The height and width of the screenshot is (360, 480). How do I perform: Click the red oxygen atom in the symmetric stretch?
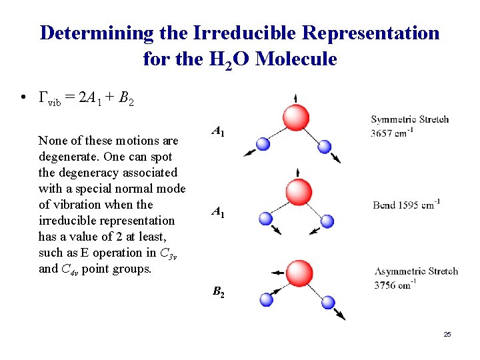295,119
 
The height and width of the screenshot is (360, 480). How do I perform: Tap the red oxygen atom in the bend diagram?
298,192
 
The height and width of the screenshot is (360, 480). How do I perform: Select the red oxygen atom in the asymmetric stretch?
300,272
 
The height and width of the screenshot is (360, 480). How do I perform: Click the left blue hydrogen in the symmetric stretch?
263,143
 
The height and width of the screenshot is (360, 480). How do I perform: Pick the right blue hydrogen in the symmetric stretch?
325,146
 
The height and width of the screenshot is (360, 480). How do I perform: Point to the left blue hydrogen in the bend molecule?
266,218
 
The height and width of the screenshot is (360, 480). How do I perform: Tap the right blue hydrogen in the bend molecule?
327,220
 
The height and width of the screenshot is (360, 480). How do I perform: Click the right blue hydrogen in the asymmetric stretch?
327,301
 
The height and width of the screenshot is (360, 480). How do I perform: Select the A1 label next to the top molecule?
218,132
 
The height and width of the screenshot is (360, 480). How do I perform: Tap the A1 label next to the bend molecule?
218,212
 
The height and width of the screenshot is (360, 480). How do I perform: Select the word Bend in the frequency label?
385,205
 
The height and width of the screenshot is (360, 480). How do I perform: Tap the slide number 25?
447,333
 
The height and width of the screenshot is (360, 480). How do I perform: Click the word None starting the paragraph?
52,141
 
